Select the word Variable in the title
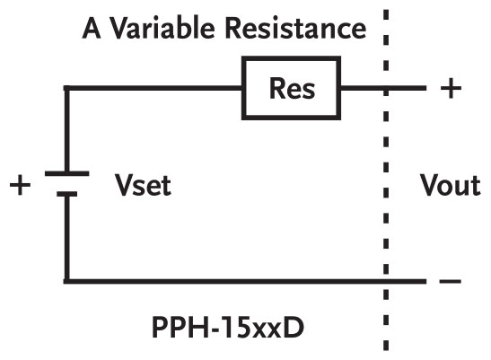point(169,29)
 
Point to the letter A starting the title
point(92,29)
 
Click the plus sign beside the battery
point(19,187)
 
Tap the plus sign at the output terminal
point(451,88)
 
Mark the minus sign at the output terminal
point(451,282)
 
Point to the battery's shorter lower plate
point(66,192)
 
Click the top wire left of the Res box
point(153,88)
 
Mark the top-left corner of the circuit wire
point(66,88)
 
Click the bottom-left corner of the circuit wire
point(66,281)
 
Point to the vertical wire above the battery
point(66,130)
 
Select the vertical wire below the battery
point(66,238)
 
